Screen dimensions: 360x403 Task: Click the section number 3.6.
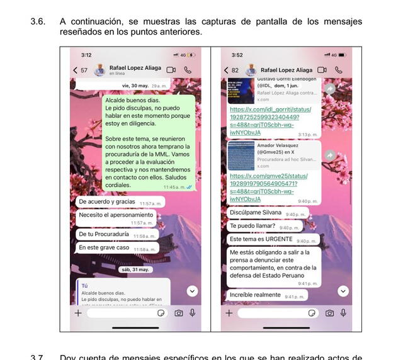[37, 21]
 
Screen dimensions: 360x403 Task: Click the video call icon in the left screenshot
[171, 70]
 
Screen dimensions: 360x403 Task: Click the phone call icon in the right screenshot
[339, 70]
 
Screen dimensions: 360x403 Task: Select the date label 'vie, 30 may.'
[136, 85]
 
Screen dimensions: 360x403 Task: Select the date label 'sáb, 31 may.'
[135, 269]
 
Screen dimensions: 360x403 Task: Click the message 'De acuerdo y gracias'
[106, 202]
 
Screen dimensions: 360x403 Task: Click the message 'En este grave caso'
[104, 248]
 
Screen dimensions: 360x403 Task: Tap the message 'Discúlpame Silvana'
[255, 213]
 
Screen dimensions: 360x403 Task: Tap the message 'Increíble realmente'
[255, 295]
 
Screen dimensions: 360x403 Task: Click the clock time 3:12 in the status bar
[86, 55]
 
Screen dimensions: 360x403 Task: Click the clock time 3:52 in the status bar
[237, 55]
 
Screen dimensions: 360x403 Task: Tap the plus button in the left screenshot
[78, 313]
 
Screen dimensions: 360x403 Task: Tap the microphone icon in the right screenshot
[343, 313]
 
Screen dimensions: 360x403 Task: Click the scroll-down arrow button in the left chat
[192, 291]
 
